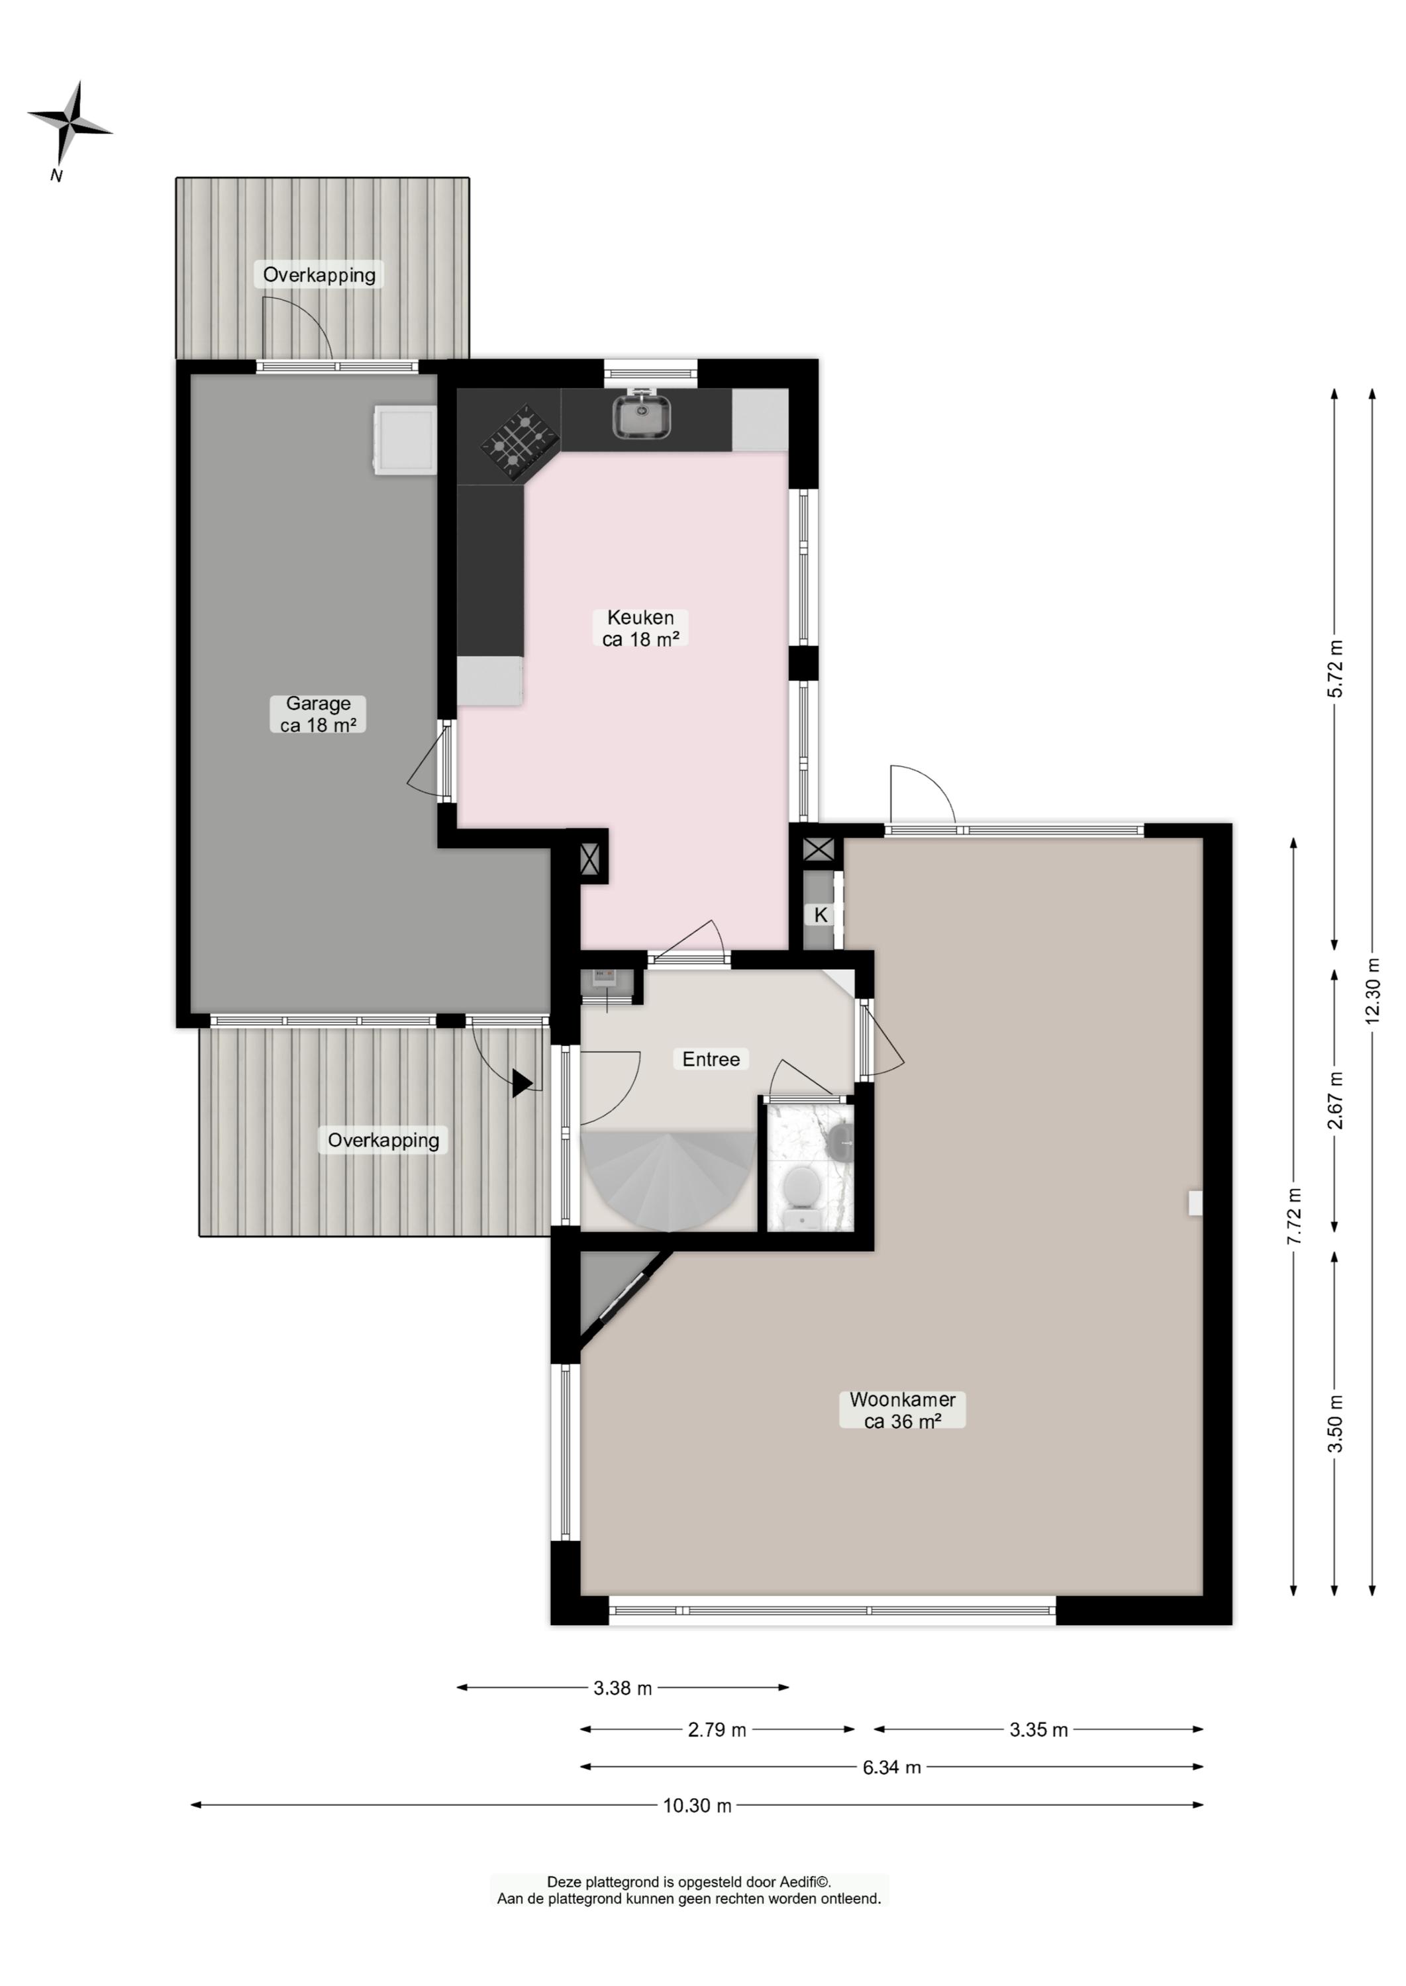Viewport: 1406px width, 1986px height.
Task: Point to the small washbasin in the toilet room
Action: pyautogui.click(x=840, y=1143)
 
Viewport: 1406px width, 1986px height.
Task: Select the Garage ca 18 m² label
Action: pyautogui.click(x=318, y=715)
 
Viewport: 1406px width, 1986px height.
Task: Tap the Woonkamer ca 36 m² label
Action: pyautogui.click(x=902, y=1411)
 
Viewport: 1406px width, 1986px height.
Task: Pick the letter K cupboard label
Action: pyautogui.click(x=821, y=915)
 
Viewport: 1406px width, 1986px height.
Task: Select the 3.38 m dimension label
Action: pyautogui.click(x=623, y=1688)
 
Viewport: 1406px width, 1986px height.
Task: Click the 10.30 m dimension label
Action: pyautogui.click(x=698, y=1806)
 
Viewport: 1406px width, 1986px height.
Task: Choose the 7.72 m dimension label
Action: pyautogui.click(x=1294, y=1216)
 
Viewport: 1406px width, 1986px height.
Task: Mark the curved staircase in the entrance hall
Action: pyautogui.click(x=667, y=1180)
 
